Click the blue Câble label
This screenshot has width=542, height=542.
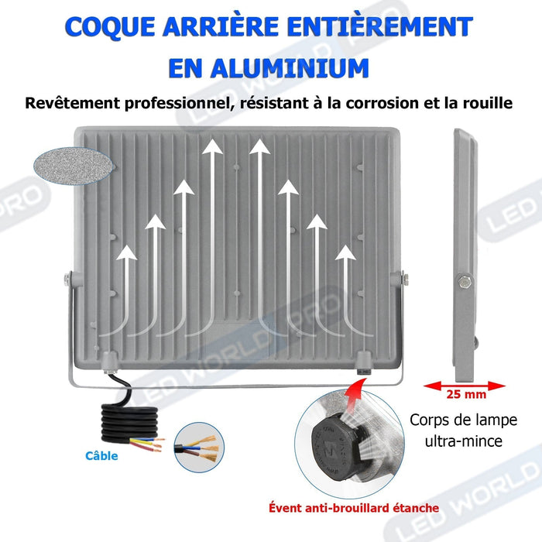point(102,456)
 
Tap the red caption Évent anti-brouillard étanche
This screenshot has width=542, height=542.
point(354,508)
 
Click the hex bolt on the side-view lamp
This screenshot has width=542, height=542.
point(464,280)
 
